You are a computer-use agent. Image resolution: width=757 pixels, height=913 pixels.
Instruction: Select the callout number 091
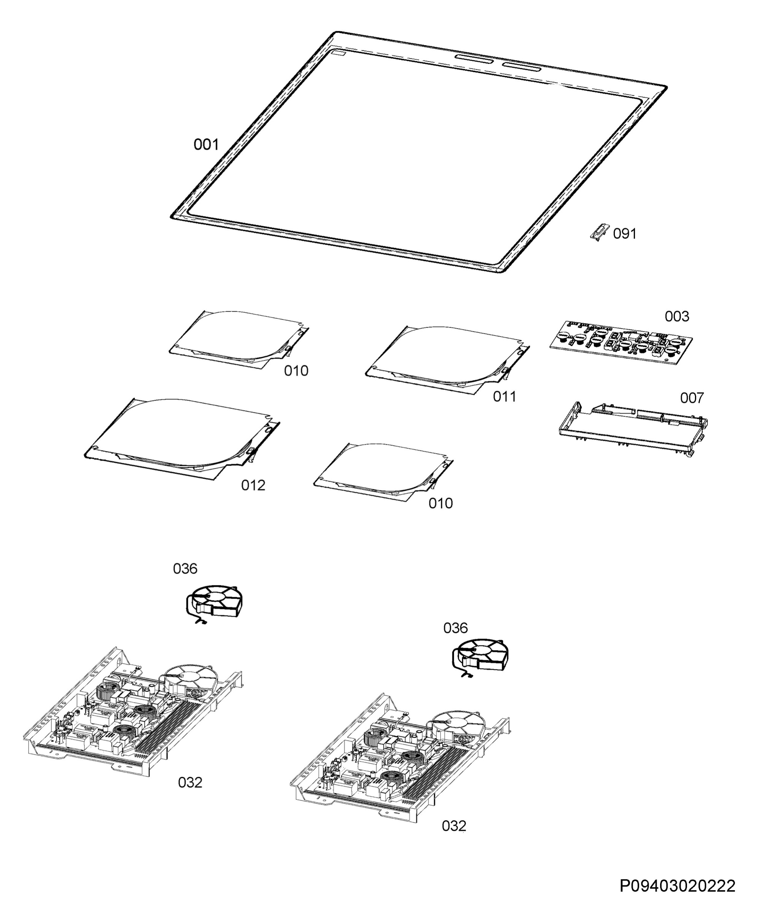[x=624, y=234]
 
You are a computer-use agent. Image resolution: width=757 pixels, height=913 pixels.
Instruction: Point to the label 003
[x=677, y=317]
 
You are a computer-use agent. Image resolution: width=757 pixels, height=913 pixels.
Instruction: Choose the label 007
[x=691, y=398]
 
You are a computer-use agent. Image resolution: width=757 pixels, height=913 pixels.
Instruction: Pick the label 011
[x=504, y=396]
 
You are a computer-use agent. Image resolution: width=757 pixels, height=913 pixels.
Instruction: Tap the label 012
[x=253, y=485]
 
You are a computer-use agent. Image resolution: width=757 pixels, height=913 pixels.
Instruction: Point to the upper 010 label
[x=296, y=371]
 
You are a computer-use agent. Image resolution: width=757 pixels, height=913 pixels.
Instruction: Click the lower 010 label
[x=440, y=503]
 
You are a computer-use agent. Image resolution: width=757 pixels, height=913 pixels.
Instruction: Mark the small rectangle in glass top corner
[x=338, y=55]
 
